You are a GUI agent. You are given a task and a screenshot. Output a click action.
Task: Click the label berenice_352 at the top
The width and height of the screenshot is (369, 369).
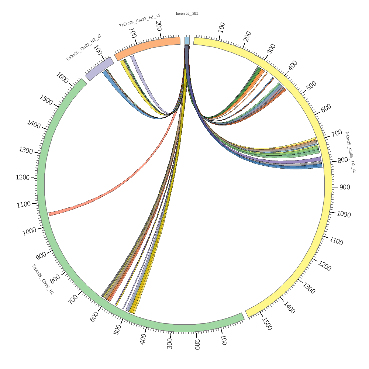pos(187,14)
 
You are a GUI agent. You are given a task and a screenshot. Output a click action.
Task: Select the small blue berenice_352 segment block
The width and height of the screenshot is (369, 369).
pos(187,40)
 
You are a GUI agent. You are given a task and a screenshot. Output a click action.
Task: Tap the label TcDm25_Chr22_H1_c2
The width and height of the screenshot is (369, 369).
pos(139,21)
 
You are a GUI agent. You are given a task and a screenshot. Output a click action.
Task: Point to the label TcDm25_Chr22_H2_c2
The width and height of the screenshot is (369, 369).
pos(83,48)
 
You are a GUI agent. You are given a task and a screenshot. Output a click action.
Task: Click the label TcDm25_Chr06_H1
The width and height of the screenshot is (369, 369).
pos(43,279)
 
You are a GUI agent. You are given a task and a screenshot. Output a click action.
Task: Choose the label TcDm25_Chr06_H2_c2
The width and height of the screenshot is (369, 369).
pos(350,151)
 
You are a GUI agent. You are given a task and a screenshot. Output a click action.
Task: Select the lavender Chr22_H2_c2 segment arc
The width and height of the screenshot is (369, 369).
pos(99,68)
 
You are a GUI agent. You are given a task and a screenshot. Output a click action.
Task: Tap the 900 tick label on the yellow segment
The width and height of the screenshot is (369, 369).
pos(345,187)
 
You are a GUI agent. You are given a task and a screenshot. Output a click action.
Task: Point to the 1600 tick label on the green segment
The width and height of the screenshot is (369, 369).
pos(62,78)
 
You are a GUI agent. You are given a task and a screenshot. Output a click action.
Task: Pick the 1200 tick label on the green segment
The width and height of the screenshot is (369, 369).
pos(23,177)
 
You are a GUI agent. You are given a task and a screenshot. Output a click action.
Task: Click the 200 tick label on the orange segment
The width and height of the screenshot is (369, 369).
pos(159,26)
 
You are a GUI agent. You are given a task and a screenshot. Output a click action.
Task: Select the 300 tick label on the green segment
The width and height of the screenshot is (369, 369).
pos(170,343)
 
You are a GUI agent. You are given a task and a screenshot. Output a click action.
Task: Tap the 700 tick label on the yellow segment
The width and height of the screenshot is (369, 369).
pos(337,134)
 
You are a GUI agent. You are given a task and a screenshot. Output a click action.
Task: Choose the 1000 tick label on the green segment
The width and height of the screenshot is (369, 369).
pos(29,232)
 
